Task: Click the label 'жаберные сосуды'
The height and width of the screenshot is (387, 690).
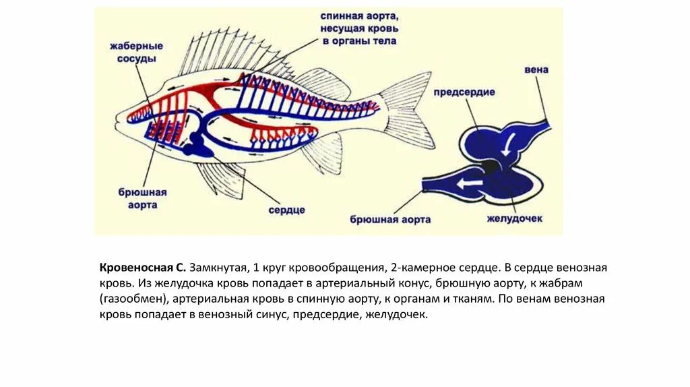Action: [137, 53]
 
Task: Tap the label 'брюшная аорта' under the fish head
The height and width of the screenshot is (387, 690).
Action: [142, 198]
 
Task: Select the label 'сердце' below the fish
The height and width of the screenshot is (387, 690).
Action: [286, 210]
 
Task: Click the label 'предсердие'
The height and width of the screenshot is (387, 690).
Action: [464, 92]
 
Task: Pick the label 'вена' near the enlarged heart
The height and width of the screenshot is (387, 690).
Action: [536, 69]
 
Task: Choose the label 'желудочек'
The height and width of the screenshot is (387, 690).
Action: [515, 218]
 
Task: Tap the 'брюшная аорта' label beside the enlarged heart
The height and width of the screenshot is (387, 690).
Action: [391, 219]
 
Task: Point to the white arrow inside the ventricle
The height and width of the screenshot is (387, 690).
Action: [470, 183]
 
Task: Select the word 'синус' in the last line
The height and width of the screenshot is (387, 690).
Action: [274, 314]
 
